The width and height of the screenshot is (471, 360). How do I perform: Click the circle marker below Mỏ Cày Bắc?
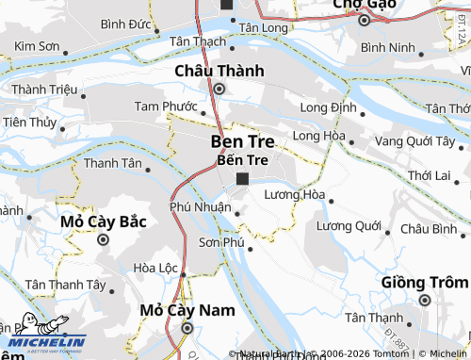[x=103, y=238]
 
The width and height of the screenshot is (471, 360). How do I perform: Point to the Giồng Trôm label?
[x=424, y=282]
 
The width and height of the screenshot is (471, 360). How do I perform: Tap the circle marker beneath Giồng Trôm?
[x=424, y=301]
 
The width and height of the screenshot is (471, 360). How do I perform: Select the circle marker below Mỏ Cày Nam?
[x=187, y=328]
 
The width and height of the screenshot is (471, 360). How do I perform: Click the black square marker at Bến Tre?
[x=242, y=178]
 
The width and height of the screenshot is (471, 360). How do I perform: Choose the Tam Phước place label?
[x=166, y=106]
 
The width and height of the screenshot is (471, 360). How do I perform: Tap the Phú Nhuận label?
[x=201, y=206]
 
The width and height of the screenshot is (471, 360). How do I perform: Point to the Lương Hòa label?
[x=294, y=194]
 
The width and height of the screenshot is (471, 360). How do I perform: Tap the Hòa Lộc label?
[x=155, y=268]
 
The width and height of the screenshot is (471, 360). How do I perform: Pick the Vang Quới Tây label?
[x=415, y=140]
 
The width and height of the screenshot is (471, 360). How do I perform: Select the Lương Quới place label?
[x=349, y=226]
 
